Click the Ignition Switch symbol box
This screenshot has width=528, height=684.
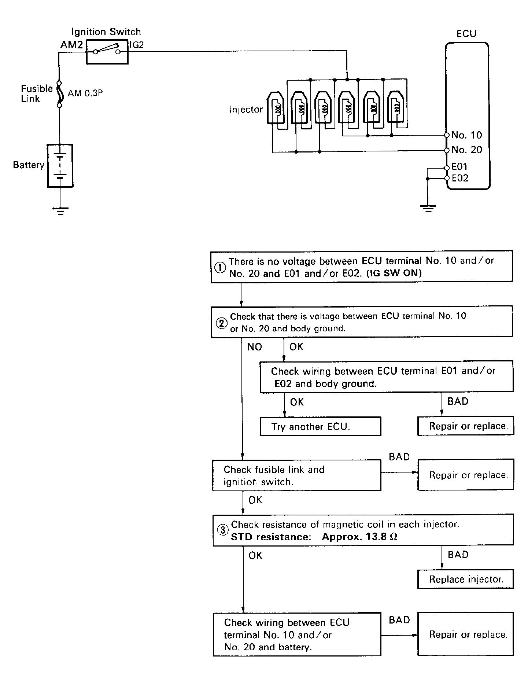(107, 52)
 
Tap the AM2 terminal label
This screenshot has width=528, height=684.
(72, 45)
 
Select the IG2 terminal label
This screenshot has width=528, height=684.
(137, 45)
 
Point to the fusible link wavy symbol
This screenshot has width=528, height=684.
(59, 94)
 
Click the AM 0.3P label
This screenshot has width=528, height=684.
(85, 93)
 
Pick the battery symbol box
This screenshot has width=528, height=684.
(60, 166)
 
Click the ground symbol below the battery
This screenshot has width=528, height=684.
(60, 211)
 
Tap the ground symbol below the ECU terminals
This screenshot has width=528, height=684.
(428, 209)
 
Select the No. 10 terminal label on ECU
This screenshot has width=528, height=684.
(466, 135)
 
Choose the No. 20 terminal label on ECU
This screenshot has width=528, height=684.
(466, 150)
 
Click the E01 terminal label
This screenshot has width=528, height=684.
(459, 167)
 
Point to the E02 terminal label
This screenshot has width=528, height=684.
(460, 178)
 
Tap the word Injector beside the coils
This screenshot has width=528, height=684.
(246, 110)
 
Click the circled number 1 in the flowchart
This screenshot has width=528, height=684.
(220, 268)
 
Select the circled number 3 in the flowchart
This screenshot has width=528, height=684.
(222, 530)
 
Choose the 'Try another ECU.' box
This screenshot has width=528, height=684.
(321, 426)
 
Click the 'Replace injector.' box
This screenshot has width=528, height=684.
(466, 579)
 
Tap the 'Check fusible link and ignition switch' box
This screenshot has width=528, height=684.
(297, 475)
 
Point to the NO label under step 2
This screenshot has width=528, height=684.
(255, 347)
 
